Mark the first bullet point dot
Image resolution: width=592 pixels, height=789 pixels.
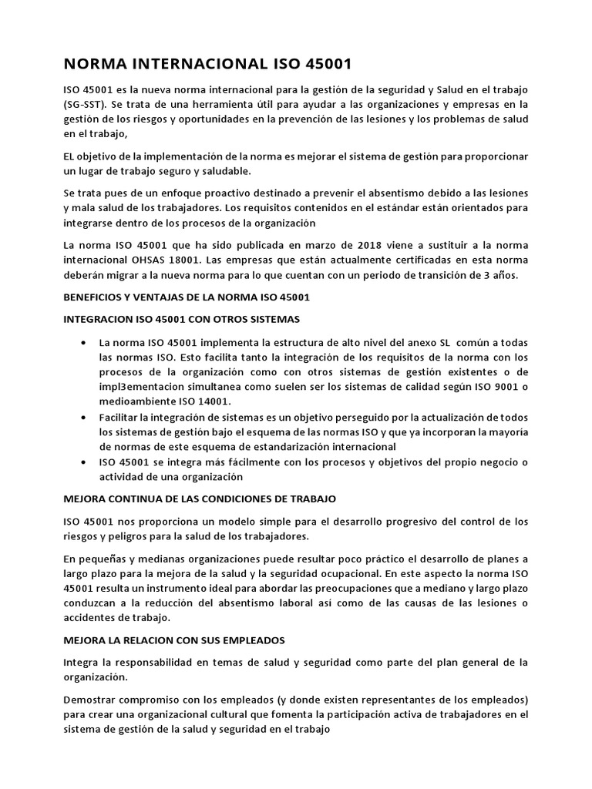(82, 342)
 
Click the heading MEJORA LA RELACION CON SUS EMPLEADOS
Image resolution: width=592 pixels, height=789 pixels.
(174, 640)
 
